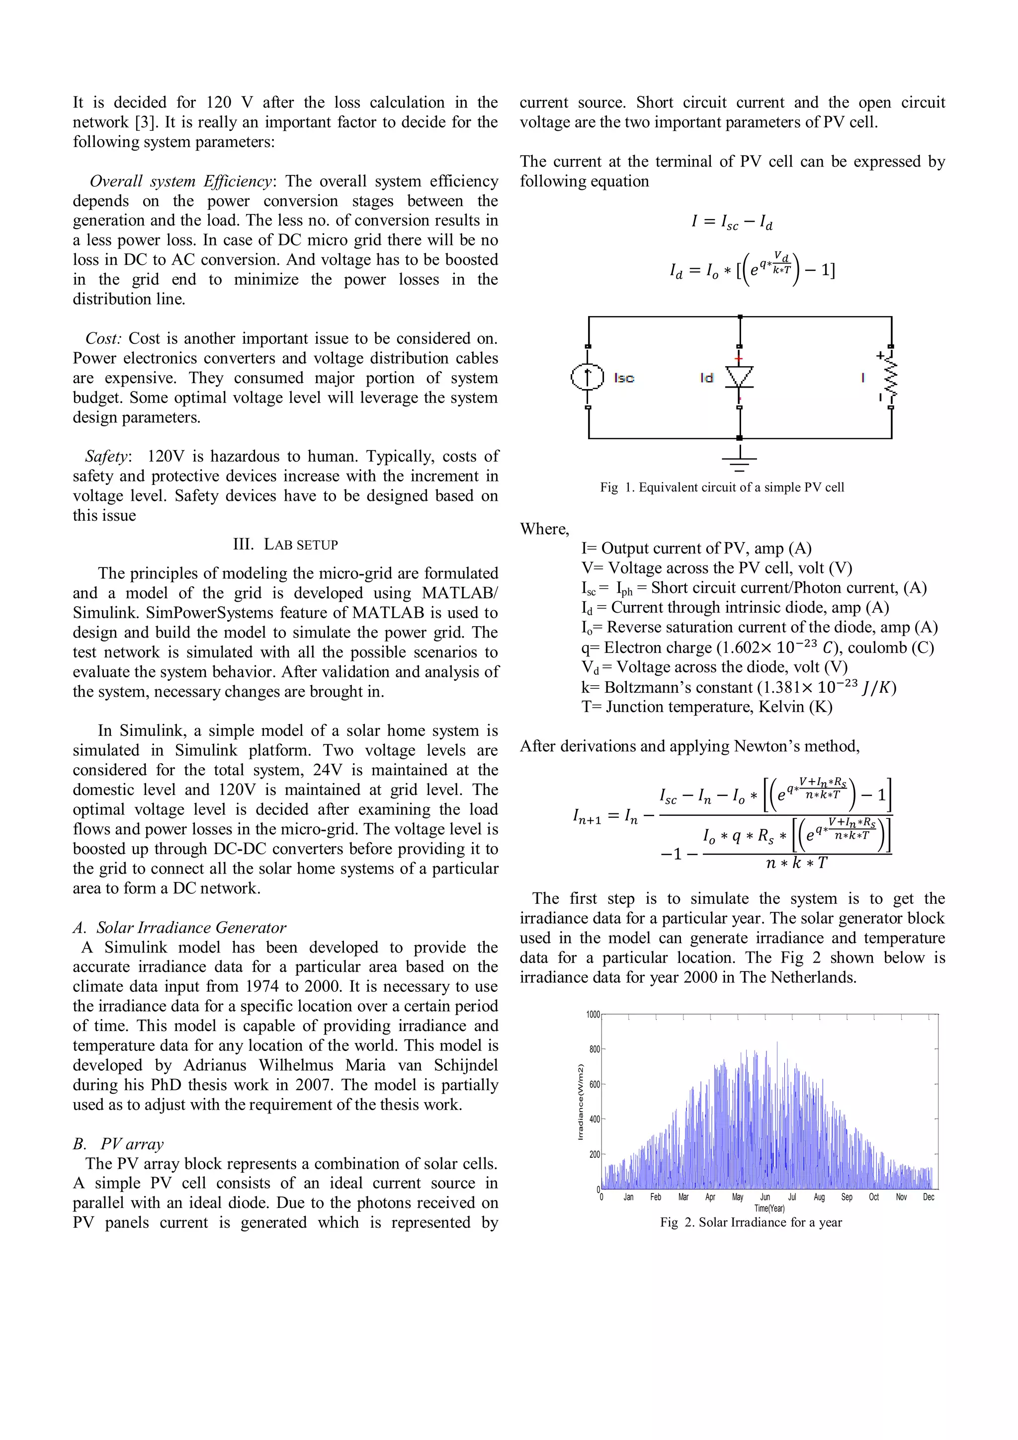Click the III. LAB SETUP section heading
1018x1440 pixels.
(x=285, y=545)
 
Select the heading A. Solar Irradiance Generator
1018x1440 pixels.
(x=179, y=928)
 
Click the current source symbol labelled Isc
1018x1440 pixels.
(x=587, y=377)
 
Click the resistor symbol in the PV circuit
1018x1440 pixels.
(x=891, y=378)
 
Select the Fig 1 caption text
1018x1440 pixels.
(x=722, y=487)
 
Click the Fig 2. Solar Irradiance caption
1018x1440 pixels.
(x=751, y=1222)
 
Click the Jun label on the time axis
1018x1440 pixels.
(x=765, y=1198)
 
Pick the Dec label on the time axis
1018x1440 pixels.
(x=929, y=1198)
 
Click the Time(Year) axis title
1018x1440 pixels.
(x=769, y=1208)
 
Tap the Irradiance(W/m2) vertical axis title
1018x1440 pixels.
(x=580, y=1102)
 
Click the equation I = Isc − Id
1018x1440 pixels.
(x=731, y=222)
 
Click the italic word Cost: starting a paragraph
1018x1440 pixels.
(x=103, y=339)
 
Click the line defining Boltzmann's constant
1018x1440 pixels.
(x=738, y=687)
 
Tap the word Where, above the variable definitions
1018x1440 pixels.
(x=544, y=529)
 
